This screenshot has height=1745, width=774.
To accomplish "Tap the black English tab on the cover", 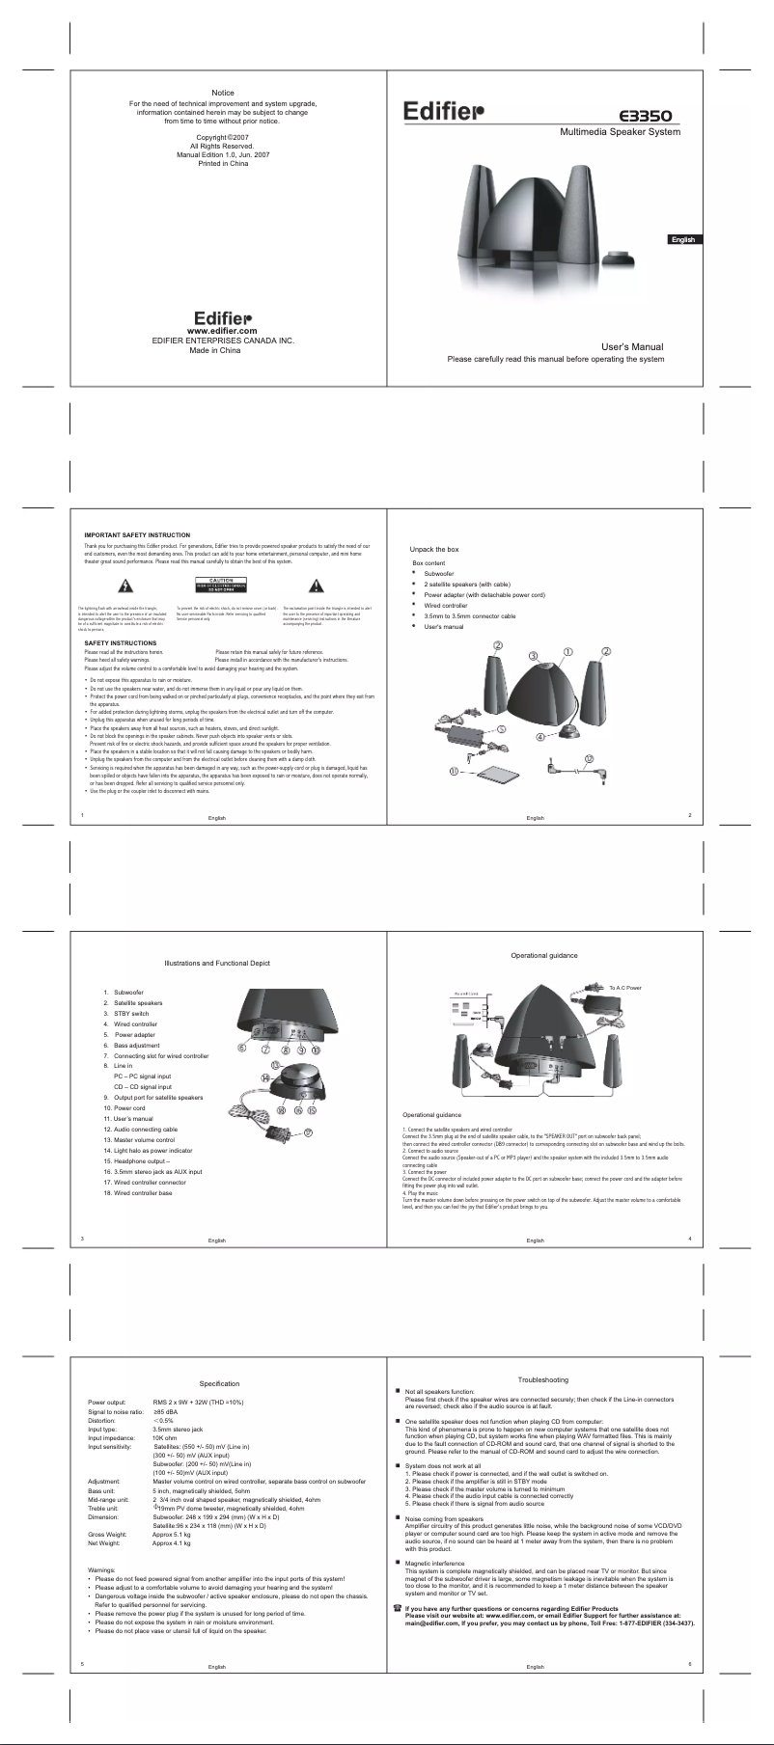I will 683,239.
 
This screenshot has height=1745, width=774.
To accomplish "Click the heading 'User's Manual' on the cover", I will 632,346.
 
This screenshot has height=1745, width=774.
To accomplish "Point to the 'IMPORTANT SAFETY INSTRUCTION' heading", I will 137,535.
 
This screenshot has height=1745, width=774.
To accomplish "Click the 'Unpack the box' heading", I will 434,549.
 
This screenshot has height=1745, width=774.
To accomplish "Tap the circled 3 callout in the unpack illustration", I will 533,656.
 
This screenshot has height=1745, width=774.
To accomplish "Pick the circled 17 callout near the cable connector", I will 308,1133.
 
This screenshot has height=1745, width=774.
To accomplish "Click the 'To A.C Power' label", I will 625,988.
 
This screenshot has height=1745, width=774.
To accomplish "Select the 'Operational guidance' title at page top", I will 544,955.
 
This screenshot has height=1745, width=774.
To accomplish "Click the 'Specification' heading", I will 219,1383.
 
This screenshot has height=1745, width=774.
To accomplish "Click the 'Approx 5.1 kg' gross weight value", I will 172,1534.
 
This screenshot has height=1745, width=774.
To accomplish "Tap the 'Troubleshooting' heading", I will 543,1379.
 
